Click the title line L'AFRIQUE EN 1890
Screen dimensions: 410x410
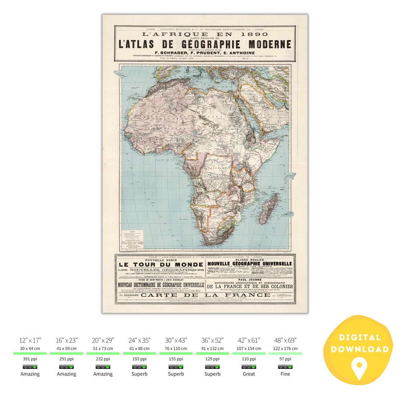[205, 34]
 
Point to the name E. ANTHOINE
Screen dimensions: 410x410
[237, 53]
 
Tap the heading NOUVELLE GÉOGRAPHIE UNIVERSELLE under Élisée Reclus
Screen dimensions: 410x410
[250, 264]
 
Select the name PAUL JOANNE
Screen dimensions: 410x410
[250, 279]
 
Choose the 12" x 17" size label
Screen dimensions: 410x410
[30, 340]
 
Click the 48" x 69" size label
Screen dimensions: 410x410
[285, 340]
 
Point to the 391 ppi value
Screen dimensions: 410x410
[30, 359]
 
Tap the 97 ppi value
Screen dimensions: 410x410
[285, 359]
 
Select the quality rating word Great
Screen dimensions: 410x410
[249, 374]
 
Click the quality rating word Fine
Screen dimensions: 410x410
[285, 374]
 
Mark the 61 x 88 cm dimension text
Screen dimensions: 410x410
[139, 348]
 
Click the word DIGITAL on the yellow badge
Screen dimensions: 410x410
[359, 337]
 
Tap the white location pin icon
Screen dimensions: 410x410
[359, 366]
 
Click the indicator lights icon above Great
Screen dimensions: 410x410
[249, 367]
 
